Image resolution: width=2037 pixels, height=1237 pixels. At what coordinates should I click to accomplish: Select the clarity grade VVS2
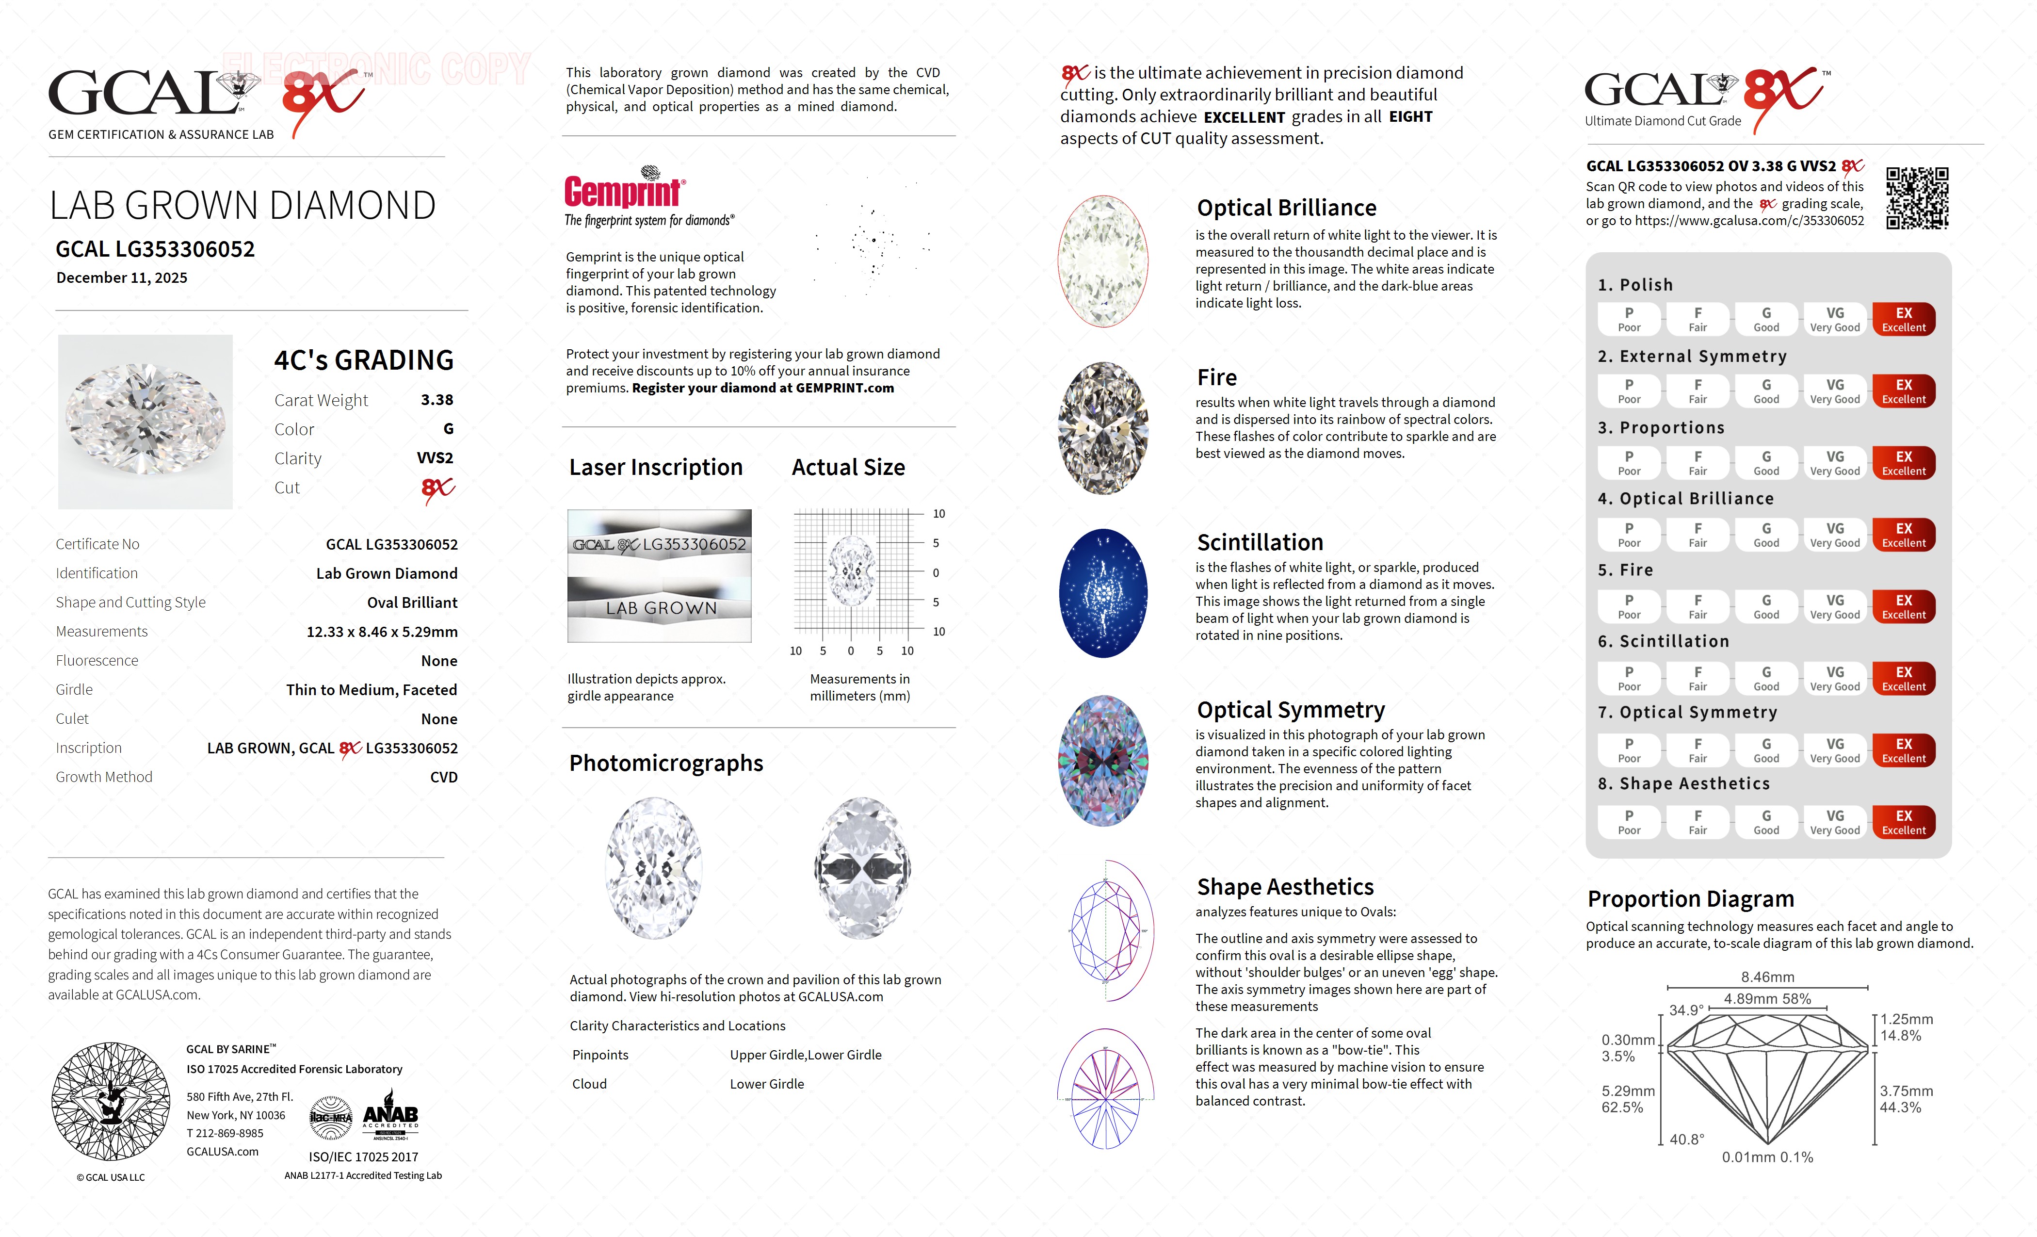click(x=435, y=458)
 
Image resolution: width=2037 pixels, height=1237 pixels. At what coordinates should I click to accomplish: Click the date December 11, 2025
click(x=122, y=278)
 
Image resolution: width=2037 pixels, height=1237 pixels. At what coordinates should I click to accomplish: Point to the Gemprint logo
click(x=624, y=190)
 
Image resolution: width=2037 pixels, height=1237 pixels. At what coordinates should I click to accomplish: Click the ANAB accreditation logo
click(x=390, y=1116)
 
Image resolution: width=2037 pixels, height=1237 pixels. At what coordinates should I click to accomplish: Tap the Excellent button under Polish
click(x=1903, y=319)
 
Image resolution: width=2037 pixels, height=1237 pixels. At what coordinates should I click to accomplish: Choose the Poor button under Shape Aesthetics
click(x=1629, y=822)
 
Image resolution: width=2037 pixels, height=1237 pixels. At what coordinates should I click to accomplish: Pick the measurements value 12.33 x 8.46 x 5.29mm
click(x=382, y=632)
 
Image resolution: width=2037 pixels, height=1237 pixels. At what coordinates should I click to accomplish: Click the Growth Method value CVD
click(x=443, y=777)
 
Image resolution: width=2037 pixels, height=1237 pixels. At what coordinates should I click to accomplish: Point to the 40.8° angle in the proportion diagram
click(x=1686, y=1139)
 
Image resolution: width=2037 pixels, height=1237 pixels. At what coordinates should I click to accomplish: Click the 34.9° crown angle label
click(x=1686, y=1010)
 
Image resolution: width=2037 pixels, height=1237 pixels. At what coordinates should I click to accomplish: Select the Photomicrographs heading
click(x=665, y=763)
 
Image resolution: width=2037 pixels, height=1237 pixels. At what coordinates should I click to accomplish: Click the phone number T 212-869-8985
click(x=225, y=1134)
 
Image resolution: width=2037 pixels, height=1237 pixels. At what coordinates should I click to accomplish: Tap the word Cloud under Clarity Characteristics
click(x=589, y=1084)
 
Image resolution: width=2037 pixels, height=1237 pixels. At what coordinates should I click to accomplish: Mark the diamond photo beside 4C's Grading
click(x=145, y=422)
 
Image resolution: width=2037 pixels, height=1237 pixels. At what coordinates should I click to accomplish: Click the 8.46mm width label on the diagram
click(x=1767, y=977)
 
